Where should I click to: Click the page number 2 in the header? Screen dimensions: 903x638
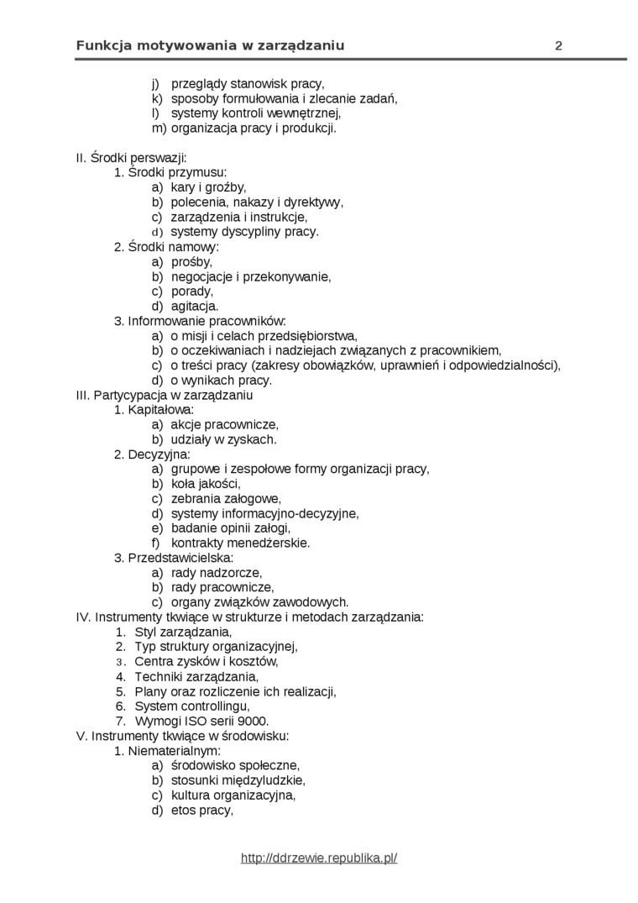pyautogui.click(x=558, y=46)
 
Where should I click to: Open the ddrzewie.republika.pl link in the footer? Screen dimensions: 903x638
pyautogui.click(x=318, y=858)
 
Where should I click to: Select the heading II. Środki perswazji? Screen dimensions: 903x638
pyautogui.click(x=131, y=158)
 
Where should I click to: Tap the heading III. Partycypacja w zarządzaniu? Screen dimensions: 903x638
pyautogui.click(x=165, y=395)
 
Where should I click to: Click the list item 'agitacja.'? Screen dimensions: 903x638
pyautogui.click(x=195, y=306)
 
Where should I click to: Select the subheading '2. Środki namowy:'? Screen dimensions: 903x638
pyautogui.click(x=166, y=247)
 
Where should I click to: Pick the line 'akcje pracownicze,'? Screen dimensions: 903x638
pyautogui.click(x=224, y=424)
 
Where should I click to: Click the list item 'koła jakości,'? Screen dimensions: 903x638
pyautogui.click(x=206, y=483)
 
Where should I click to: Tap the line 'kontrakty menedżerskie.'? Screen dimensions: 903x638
pyautogui.click(x=240, y=543)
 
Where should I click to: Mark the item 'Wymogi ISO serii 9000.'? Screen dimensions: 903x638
pyautogui.click(x=201, y=721)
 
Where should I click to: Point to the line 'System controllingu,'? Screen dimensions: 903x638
pyautogui.click(x=192, y=706)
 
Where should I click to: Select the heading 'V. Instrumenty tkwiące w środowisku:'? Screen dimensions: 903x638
pyautogui.click(x=182, y=736)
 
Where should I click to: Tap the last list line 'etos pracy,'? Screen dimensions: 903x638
pyautogui.click(x=201, y=810)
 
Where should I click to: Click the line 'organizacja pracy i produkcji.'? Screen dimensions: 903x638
pyautogui.click(x=254, y=129)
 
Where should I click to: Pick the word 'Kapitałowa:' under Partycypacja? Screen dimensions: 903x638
pyautogui.click(x=161, y=410)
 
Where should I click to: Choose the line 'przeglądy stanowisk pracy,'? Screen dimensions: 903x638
pyautogui.click(x=247, y=84)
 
